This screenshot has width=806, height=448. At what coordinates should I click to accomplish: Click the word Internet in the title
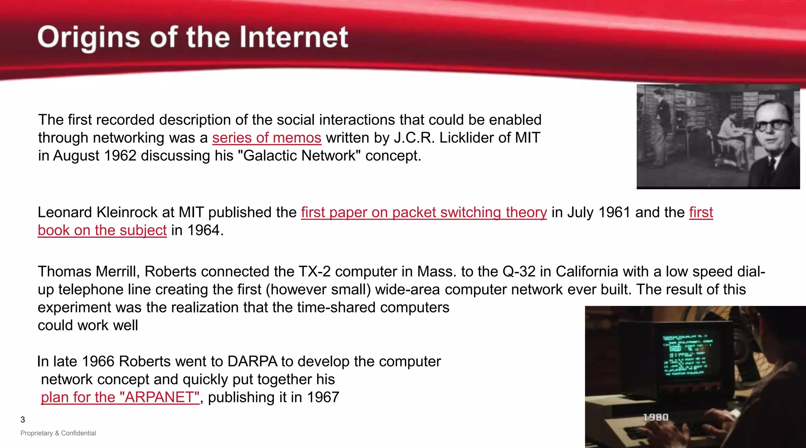294,37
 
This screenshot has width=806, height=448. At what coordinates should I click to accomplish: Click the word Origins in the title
89,38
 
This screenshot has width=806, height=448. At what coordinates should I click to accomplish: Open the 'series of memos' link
266,138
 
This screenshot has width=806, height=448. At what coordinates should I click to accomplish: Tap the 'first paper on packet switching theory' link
424,213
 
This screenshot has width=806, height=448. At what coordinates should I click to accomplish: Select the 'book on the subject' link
102,230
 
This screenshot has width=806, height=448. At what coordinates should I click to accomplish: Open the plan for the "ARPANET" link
120,397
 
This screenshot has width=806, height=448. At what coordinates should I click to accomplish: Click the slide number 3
23,420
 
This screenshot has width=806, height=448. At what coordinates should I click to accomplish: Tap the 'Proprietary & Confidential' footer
58,433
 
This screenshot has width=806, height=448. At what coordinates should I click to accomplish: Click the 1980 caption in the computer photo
656,417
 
